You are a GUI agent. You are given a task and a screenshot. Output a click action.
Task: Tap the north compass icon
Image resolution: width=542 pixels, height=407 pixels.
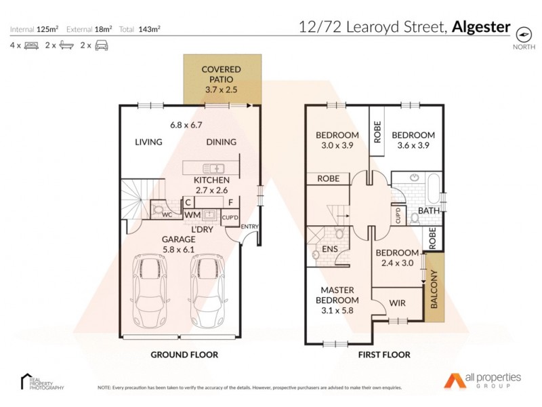tap(523, 34)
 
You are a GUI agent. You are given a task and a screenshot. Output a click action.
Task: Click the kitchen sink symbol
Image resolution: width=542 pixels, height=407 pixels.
tap(213, 168)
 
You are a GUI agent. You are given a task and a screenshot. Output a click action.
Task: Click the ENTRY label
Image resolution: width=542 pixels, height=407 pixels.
tap(249, 227)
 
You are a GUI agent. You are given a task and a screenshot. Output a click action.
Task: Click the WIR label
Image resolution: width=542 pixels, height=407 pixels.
tap(398, 303)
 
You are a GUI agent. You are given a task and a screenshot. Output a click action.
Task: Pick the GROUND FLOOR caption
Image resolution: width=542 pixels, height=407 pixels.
tap(184, 355)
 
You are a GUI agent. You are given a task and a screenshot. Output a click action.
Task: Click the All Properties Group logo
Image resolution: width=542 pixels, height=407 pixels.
tap(482, 380)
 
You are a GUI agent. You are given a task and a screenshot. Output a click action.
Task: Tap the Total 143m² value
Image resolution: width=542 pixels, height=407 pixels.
tap(149, 29)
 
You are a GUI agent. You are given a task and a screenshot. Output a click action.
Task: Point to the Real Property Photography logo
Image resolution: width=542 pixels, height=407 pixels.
tap(42, 381)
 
